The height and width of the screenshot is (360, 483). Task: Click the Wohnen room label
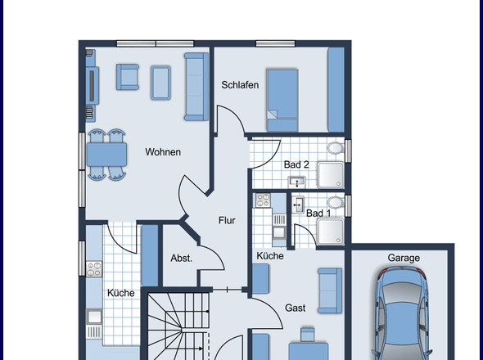point(163,152)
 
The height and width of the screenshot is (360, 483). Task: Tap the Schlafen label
point(240,85)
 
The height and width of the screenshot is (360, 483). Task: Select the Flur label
point(227,220)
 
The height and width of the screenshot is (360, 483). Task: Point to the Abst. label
point(182,258)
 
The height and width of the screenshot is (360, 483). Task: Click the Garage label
point(404,258)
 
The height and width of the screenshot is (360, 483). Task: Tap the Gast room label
point(295,308)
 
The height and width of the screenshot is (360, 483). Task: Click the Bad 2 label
point(296,164)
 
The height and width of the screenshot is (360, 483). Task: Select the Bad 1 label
point(318,213)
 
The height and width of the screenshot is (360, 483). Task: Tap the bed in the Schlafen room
point(282,101)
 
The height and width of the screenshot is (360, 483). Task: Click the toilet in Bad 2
point(335,148)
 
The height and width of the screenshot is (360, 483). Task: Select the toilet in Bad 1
point(336,203)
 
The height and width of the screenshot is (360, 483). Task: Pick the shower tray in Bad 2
point(331,175)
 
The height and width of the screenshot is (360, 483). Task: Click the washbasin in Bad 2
point(296,182)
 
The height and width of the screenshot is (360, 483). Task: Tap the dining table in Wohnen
point(106,155)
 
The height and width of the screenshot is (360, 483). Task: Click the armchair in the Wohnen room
point(128,77)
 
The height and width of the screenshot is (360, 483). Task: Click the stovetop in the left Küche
point(94,269)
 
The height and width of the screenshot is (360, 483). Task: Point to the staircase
point(178,326)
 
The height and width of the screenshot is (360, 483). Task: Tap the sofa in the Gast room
point(330,290)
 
